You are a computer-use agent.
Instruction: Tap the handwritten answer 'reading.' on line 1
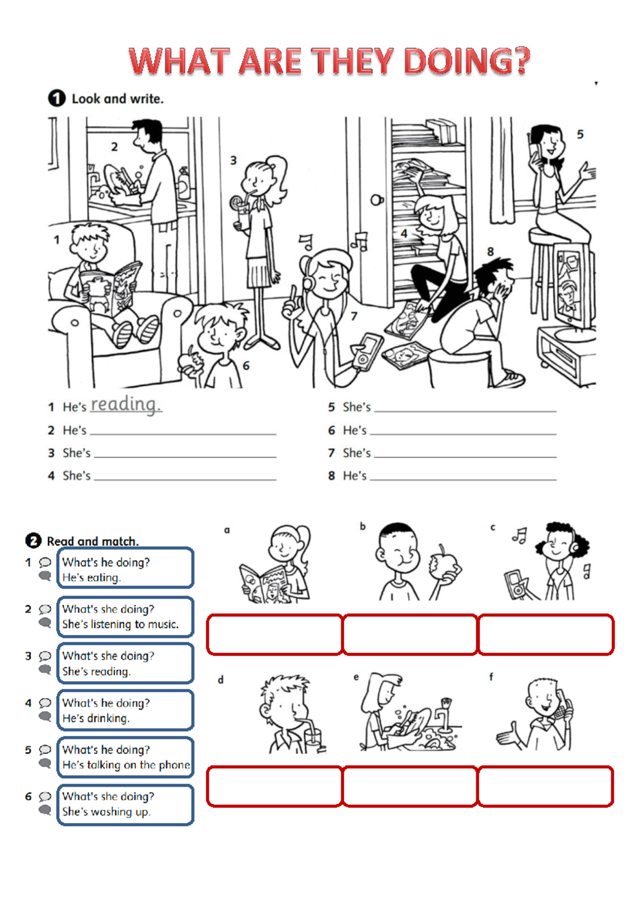pyautogui.click(x=125, y=405)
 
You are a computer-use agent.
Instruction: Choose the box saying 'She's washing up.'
pyautogui.click(x=125, y=804)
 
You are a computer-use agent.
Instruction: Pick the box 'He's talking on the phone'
pyautogui.click(x=125, y=758)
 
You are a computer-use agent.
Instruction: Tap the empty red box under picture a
pyautogui.click(x=274, y=634)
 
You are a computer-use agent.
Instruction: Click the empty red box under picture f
pyautogui.click(x=545, y=786)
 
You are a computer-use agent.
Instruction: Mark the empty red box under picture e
pyautogui.click(x=410, y=786)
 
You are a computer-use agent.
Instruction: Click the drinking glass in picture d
pyautogui.click(x=313, y=741)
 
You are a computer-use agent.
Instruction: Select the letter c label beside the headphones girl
pyautogui.click(x=493, y=528)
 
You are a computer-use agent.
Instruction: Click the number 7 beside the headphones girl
pyautogui.click(x=354, y=317)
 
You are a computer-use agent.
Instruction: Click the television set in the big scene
pyautogui.click(x=572, y=287)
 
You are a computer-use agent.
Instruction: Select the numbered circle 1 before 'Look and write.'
pyautogui.click(x=56, y=98)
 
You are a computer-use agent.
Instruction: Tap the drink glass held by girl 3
pyautogui.click(x=242, y=216)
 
